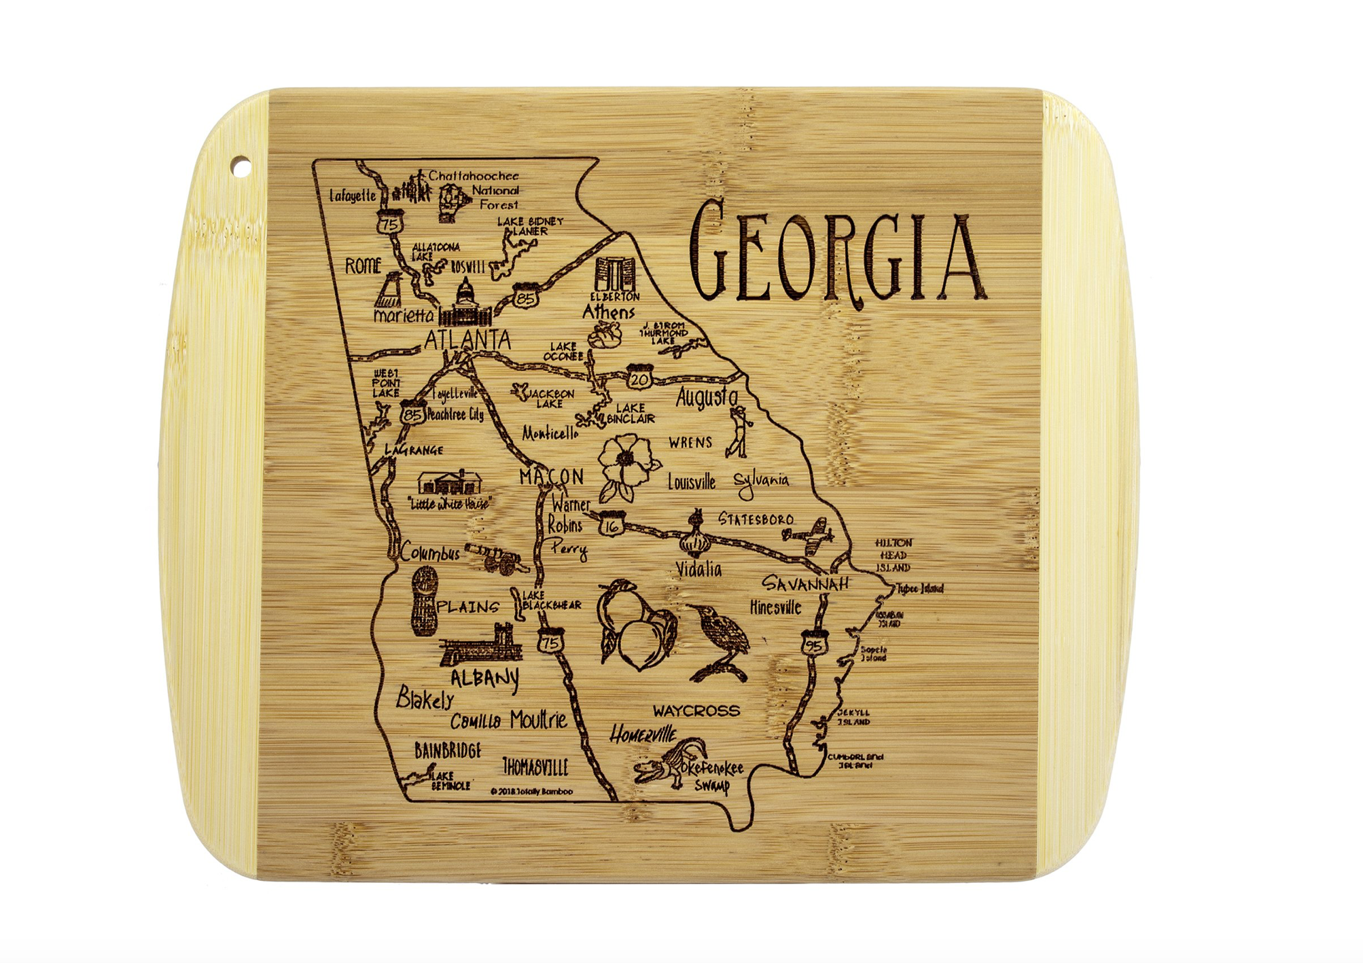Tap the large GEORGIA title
(836, 255)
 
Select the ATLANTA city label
(467, 340)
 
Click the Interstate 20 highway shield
(639, 378)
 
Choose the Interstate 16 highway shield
(611, 524)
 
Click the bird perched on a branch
(720, 642)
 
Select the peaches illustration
(636, 625)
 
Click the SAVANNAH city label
(805, 583)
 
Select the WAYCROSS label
(696, 711)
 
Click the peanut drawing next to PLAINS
(424, 602)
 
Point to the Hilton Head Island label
(893, 555)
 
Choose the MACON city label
(551, 477)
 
